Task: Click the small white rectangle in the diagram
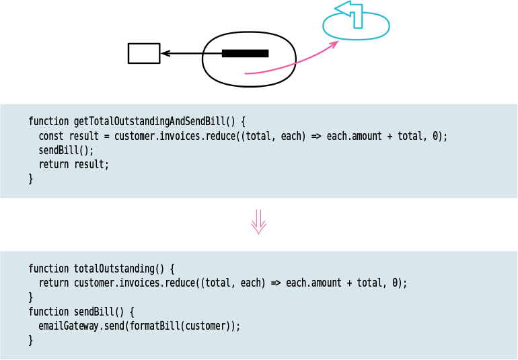point(144,53)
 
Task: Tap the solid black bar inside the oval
point(245,53)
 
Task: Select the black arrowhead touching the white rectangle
point(165,53)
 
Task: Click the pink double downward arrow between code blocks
point(259,221)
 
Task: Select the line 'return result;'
point(73,164)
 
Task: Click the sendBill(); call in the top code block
point(66,150)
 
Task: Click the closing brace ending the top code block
point(30,178)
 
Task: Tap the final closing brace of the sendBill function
point(30,340)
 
